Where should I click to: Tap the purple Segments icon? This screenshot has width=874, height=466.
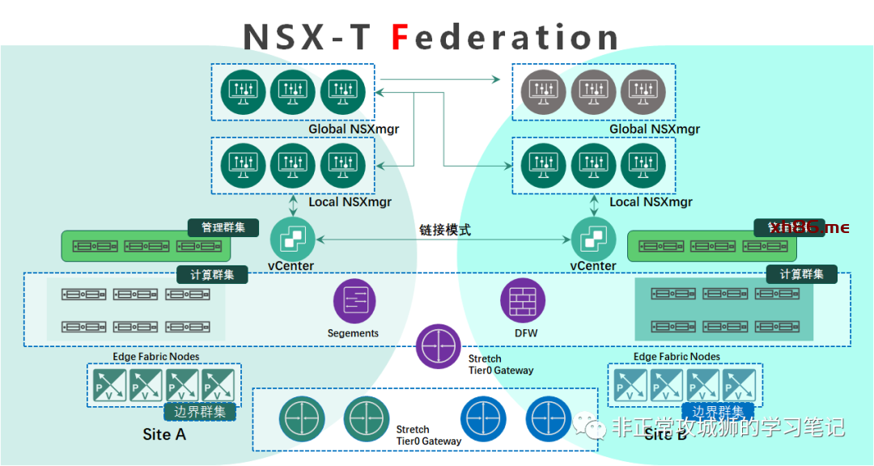(354, 300)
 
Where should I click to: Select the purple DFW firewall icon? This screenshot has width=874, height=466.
(523, 300)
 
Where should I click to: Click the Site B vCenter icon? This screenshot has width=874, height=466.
(593, 239)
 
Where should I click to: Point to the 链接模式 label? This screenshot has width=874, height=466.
(445, 230)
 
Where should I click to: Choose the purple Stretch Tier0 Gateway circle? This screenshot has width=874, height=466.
(439, 345)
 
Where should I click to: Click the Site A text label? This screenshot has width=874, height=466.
(164, 434)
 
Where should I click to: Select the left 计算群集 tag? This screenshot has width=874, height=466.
(213, 275)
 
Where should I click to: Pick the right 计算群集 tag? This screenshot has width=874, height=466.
(801, 274)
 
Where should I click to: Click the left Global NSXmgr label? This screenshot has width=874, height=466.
(354, 129)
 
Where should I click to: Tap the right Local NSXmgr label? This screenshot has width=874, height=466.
(651, 202)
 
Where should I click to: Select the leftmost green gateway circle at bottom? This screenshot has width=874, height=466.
(301, 419)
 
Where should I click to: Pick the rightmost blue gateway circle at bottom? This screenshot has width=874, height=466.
(548, 418)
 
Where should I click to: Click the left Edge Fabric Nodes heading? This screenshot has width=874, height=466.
(155, 357)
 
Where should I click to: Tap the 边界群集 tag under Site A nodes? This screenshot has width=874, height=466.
(200, 411)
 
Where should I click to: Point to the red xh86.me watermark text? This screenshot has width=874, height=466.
(810, 227)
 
